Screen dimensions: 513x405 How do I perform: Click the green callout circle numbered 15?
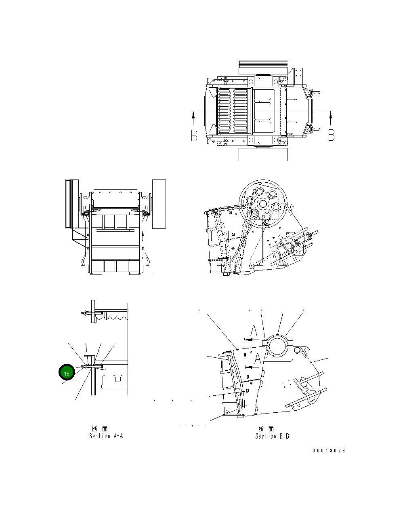click(67, 373)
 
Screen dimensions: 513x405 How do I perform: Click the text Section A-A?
click(106, 436)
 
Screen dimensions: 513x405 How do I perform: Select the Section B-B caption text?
click(272, 436)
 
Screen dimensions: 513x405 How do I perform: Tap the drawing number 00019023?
click(329, 451)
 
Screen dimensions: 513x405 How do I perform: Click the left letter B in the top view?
click(194, 135)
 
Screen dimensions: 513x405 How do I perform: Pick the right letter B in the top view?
click(331, 135)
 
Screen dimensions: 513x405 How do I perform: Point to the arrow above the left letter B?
click(194, 118)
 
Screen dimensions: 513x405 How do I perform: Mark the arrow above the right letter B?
click(331, 118)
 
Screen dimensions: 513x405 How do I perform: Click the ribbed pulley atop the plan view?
click(262, 67)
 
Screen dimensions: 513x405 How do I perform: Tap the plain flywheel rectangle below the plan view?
click(263, 154)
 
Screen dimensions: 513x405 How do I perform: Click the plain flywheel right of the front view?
click(159, 204)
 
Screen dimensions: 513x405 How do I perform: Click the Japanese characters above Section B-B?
click(266, 429)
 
